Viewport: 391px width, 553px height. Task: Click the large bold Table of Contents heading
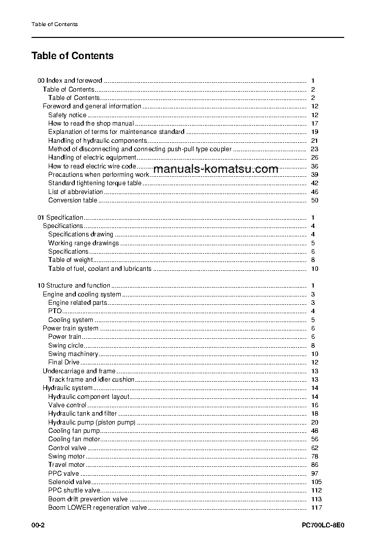pos(72,56)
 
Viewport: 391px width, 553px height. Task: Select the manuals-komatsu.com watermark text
pos(216,169)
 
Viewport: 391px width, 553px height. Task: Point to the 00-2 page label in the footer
pos(38,525)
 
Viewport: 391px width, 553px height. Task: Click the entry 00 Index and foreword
pos(70,81)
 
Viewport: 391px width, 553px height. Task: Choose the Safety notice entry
pos(67,115)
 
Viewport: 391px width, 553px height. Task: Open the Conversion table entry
pos(72,200)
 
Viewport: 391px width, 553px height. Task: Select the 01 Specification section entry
pos(61,217)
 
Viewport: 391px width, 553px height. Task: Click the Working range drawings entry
pos(83,243)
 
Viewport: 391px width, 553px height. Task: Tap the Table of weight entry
pos(70,260)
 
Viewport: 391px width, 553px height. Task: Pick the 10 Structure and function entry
pos(74,286)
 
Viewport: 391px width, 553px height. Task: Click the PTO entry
pos(55,311)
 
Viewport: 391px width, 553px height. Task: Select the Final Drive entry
pos(64,362)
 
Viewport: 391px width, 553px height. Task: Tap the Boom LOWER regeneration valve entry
pos(98,508)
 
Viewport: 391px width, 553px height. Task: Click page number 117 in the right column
pos(316,508)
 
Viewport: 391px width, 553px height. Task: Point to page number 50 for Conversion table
pos(315,200)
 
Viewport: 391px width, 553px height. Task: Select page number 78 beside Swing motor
pos(315,456)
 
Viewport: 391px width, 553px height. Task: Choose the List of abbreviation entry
pos(75,192)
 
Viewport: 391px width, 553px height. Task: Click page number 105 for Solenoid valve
pos(316,482)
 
